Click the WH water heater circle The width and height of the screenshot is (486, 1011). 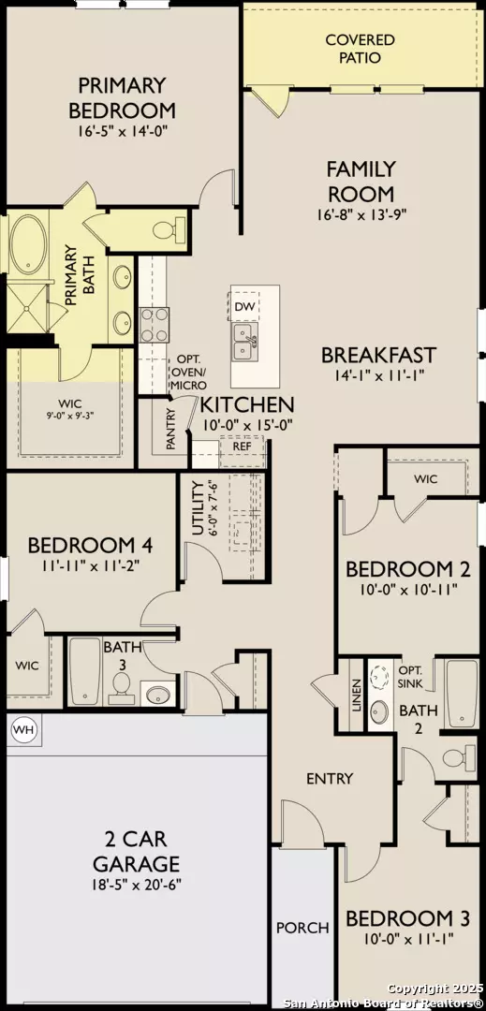(x=22, y=728)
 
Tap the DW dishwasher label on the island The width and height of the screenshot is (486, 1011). (x=243, y=306)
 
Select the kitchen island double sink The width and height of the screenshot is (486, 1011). (x=243, y=344)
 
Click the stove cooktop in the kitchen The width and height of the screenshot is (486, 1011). (x=154, y=325)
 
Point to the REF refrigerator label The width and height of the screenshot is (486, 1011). (x=228, y=447)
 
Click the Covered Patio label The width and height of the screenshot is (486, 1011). (x=360, y=49)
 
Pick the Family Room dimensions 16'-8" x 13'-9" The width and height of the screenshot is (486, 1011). (x=361, y=213)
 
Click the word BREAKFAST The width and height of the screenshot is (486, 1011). (x=378, y=355)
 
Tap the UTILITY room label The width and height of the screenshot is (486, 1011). (x=198, y=508)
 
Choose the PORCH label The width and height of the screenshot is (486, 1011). (x=302, y=928)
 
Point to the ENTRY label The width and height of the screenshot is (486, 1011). (x=330, y=778)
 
